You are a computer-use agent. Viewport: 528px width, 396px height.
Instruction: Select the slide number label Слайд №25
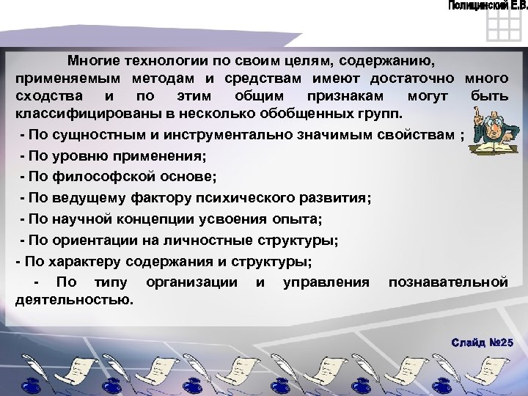click(x=483, y=343)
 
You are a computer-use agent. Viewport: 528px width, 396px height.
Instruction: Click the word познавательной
click(x=448, y=282)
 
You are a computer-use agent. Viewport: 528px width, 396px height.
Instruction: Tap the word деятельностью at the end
click(x=74, y=299)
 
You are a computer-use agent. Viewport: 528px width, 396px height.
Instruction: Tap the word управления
click(x=326, y=282)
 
